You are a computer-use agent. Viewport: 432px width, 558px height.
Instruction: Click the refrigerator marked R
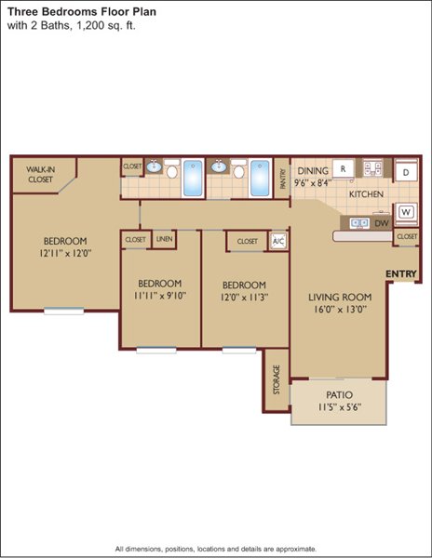[x=343, y=168]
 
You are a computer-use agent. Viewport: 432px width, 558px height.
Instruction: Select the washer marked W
[x=406, y=213]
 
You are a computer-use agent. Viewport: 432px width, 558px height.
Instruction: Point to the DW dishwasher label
[x=382, y=224]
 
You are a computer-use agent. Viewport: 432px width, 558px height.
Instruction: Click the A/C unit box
[x=278, y=241]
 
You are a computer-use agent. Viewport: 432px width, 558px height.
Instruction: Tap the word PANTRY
[x=283, y=179]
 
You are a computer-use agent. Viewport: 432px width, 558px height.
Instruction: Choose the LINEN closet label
[x=164, y=239]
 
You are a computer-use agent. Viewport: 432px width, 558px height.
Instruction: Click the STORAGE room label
[x=277, y=379]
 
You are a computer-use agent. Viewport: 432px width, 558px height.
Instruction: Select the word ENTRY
[x=401, y=273]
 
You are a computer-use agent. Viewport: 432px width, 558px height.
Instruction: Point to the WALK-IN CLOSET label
[x=40, y=175]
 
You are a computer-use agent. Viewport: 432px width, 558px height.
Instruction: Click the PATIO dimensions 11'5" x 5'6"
[x=340, y=407]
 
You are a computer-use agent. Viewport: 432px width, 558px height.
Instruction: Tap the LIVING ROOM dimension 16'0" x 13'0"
[x=340, y=310]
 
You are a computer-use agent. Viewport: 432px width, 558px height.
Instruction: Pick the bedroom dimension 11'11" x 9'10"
[x=160, y=296]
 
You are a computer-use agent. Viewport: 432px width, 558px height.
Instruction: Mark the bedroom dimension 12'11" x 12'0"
[x=65, y=253]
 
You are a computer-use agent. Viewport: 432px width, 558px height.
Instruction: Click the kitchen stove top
[x=372, y=168]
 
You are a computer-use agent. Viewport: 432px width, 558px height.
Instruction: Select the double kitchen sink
[x=359, y=223]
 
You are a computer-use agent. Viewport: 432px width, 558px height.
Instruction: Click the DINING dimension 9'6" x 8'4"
[x=313, y=183]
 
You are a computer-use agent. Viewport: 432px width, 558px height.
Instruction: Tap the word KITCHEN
[x=366, y=194]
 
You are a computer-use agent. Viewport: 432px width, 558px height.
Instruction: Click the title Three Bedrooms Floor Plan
[x=82, y=12]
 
